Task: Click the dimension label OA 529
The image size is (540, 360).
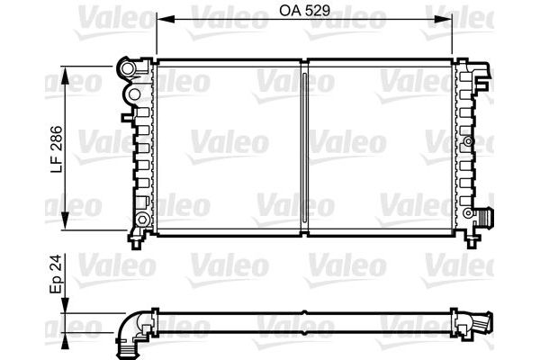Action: click(x=304, y=10)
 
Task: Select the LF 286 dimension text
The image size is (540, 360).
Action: click(x=57, y=149)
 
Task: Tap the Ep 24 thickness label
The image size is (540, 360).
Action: click(x=56, y=274)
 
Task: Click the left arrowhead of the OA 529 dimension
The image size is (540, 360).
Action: click(x=166, y=19)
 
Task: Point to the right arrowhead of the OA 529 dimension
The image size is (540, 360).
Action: click(x=443, y=19)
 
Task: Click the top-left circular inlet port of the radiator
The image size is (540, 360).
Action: click(x=127, y=69)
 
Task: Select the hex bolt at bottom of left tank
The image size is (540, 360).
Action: click(x=142, y=219)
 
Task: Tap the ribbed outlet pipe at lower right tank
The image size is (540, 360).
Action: click(x=486, y=217)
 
